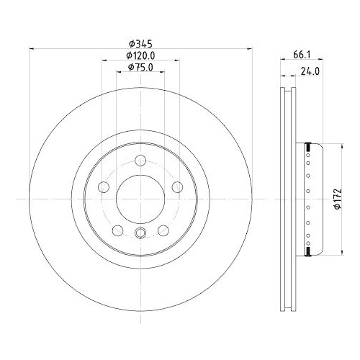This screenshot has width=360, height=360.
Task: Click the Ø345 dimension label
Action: pos(140,42)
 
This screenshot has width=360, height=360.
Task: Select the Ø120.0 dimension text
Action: pos(140,55)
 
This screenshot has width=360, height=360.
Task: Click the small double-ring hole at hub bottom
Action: pos(140,232)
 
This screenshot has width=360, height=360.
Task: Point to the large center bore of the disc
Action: pos(140,198)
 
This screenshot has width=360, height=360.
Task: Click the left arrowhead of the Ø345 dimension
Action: pos(30,49)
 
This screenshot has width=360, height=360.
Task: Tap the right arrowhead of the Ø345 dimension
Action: pos(251,49)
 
